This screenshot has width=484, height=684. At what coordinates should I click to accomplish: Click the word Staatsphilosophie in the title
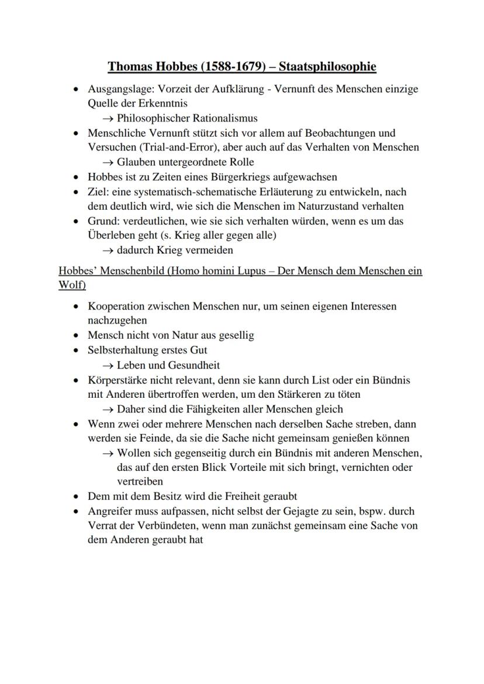click(327, 67)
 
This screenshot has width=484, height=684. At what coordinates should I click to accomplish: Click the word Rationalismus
click(223, 119)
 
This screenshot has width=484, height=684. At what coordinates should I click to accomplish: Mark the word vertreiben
click(140, 482)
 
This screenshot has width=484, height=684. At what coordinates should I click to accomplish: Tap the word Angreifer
click(111, 511)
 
